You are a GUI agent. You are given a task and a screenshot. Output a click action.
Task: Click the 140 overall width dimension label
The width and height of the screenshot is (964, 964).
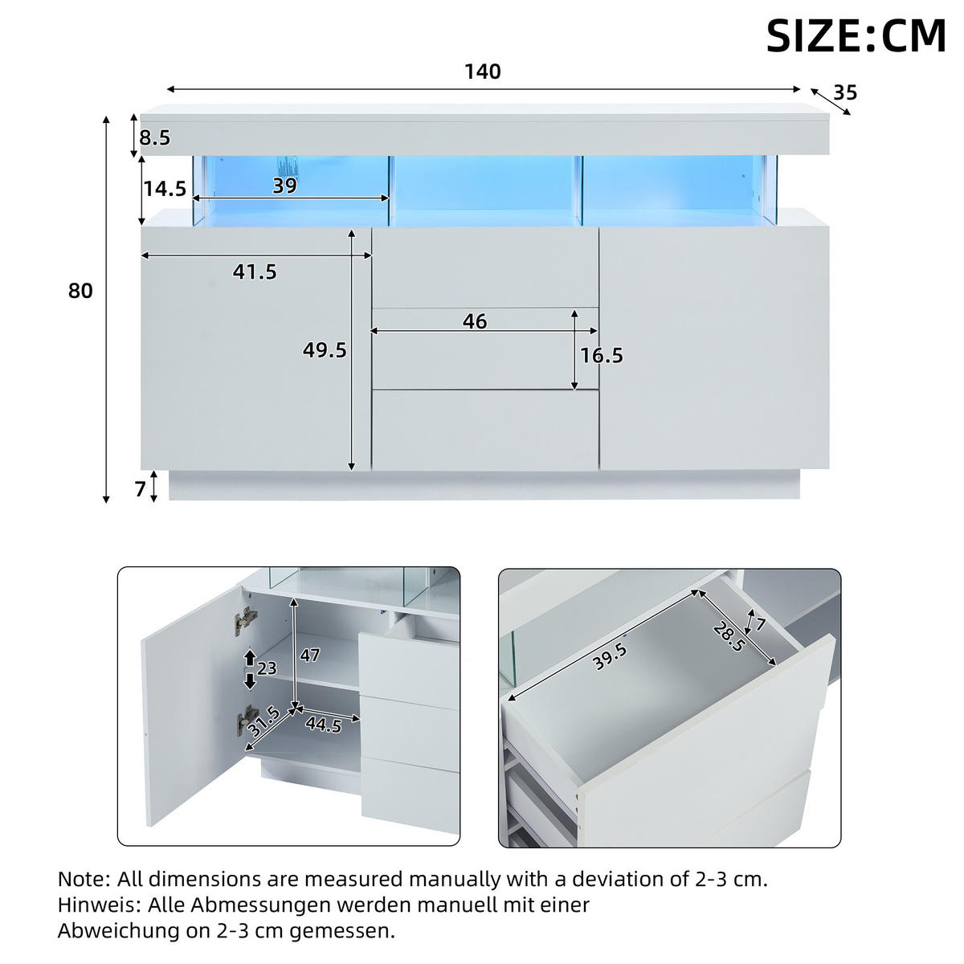coord(483,72)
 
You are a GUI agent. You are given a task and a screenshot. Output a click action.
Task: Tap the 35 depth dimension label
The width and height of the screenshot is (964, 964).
coord(845,92)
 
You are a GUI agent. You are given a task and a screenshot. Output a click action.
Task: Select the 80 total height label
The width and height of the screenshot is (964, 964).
coord(80,291)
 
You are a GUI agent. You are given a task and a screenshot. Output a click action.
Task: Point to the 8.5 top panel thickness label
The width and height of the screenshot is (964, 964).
coord(154,137)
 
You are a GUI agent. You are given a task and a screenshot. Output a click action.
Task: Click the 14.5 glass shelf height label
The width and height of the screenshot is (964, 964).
coord(165,189)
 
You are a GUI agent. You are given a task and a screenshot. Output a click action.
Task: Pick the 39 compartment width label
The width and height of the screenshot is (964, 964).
coord(284,186)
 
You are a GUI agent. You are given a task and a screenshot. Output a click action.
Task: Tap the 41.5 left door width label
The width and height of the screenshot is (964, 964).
coord(255,272)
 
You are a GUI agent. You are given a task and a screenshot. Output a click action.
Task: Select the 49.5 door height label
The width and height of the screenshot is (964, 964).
coord(325,350)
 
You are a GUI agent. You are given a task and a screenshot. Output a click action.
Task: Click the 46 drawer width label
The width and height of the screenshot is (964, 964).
coord(475,321)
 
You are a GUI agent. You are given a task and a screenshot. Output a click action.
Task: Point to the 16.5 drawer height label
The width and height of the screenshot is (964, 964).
coord(602,356)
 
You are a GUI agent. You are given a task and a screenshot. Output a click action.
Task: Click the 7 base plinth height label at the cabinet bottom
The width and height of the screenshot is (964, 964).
coord(140,488)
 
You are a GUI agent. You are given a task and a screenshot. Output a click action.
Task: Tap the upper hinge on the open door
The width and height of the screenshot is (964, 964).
coord(246,621)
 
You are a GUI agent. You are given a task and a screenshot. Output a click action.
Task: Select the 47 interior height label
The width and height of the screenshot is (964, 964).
coord(309,655)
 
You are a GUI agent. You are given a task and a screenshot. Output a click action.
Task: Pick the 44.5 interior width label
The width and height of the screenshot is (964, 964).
coord(324,725)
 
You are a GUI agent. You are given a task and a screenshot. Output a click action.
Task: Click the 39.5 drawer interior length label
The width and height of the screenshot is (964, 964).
coord(609,656)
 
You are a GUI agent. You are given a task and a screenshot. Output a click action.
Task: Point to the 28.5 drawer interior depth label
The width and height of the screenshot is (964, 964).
coord(729,636)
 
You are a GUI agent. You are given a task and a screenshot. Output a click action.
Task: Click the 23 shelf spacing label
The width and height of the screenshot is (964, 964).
coord(267,668)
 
